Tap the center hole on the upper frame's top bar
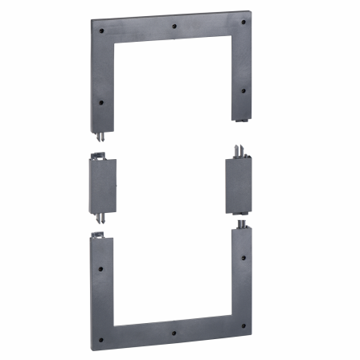click(174, 25)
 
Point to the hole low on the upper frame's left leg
click(100, 102)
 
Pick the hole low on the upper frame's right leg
click(243, 90)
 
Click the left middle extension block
click(103, 185)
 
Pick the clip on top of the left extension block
click(100, 156)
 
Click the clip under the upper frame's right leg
click(240, 121)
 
